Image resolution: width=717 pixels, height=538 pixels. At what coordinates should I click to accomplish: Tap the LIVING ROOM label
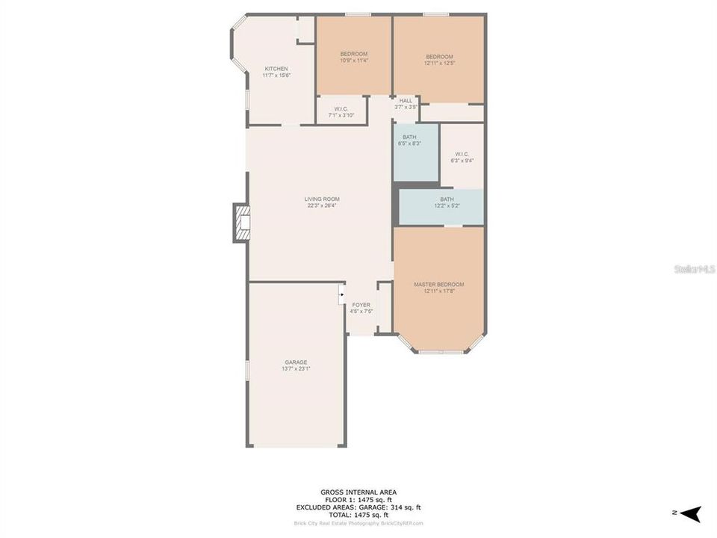click(322, 200)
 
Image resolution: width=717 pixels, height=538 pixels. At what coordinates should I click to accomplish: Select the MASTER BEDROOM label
click(438, 285)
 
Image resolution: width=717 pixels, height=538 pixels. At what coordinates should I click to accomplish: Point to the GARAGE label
click(296, 362)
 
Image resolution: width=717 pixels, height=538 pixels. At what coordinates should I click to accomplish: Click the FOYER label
click(361, 305)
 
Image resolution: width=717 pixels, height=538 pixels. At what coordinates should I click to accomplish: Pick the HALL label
click(406, 100)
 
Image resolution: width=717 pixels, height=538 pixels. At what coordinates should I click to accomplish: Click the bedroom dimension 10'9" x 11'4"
click(353, 61)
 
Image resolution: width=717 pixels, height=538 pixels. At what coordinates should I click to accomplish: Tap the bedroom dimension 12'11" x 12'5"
click(439, 64)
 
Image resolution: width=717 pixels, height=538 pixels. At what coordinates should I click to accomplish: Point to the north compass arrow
click(692, 514)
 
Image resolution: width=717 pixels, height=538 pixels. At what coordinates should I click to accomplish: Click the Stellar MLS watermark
click(695, 268)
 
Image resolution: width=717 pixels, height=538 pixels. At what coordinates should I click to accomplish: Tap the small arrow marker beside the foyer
click(341, 294)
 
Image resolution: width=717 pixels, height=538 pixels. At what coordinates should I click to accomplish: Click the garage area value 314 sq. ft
click(403, 507)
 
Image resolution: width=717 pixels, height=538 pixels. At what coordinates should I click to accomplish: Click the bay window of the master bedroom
click(440, 348)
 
